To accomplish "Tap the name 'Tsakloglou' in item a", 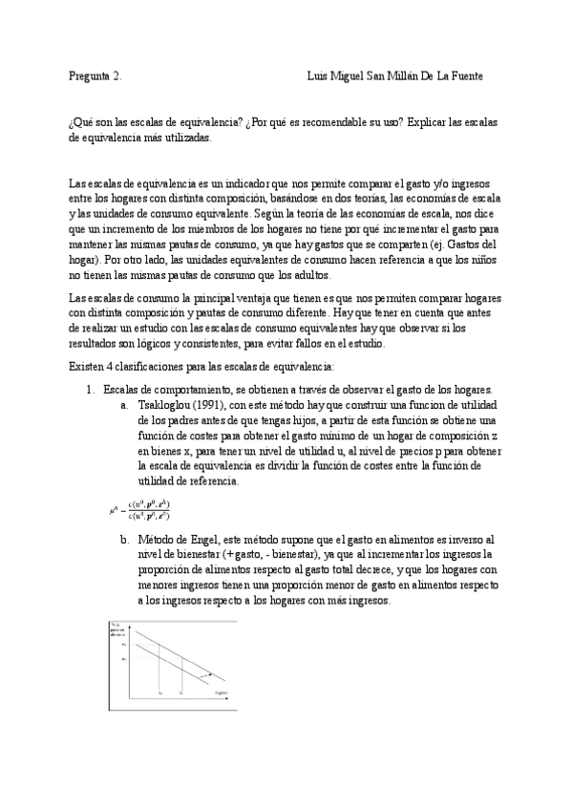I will (166, 404).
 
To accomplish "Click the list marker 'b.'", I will (124, 540).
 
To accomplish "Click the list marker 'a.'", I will (124, 404).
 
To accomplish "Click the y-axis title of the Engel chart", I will (117, 630).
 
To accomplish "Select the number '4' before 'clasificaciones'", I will (109, 366).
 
